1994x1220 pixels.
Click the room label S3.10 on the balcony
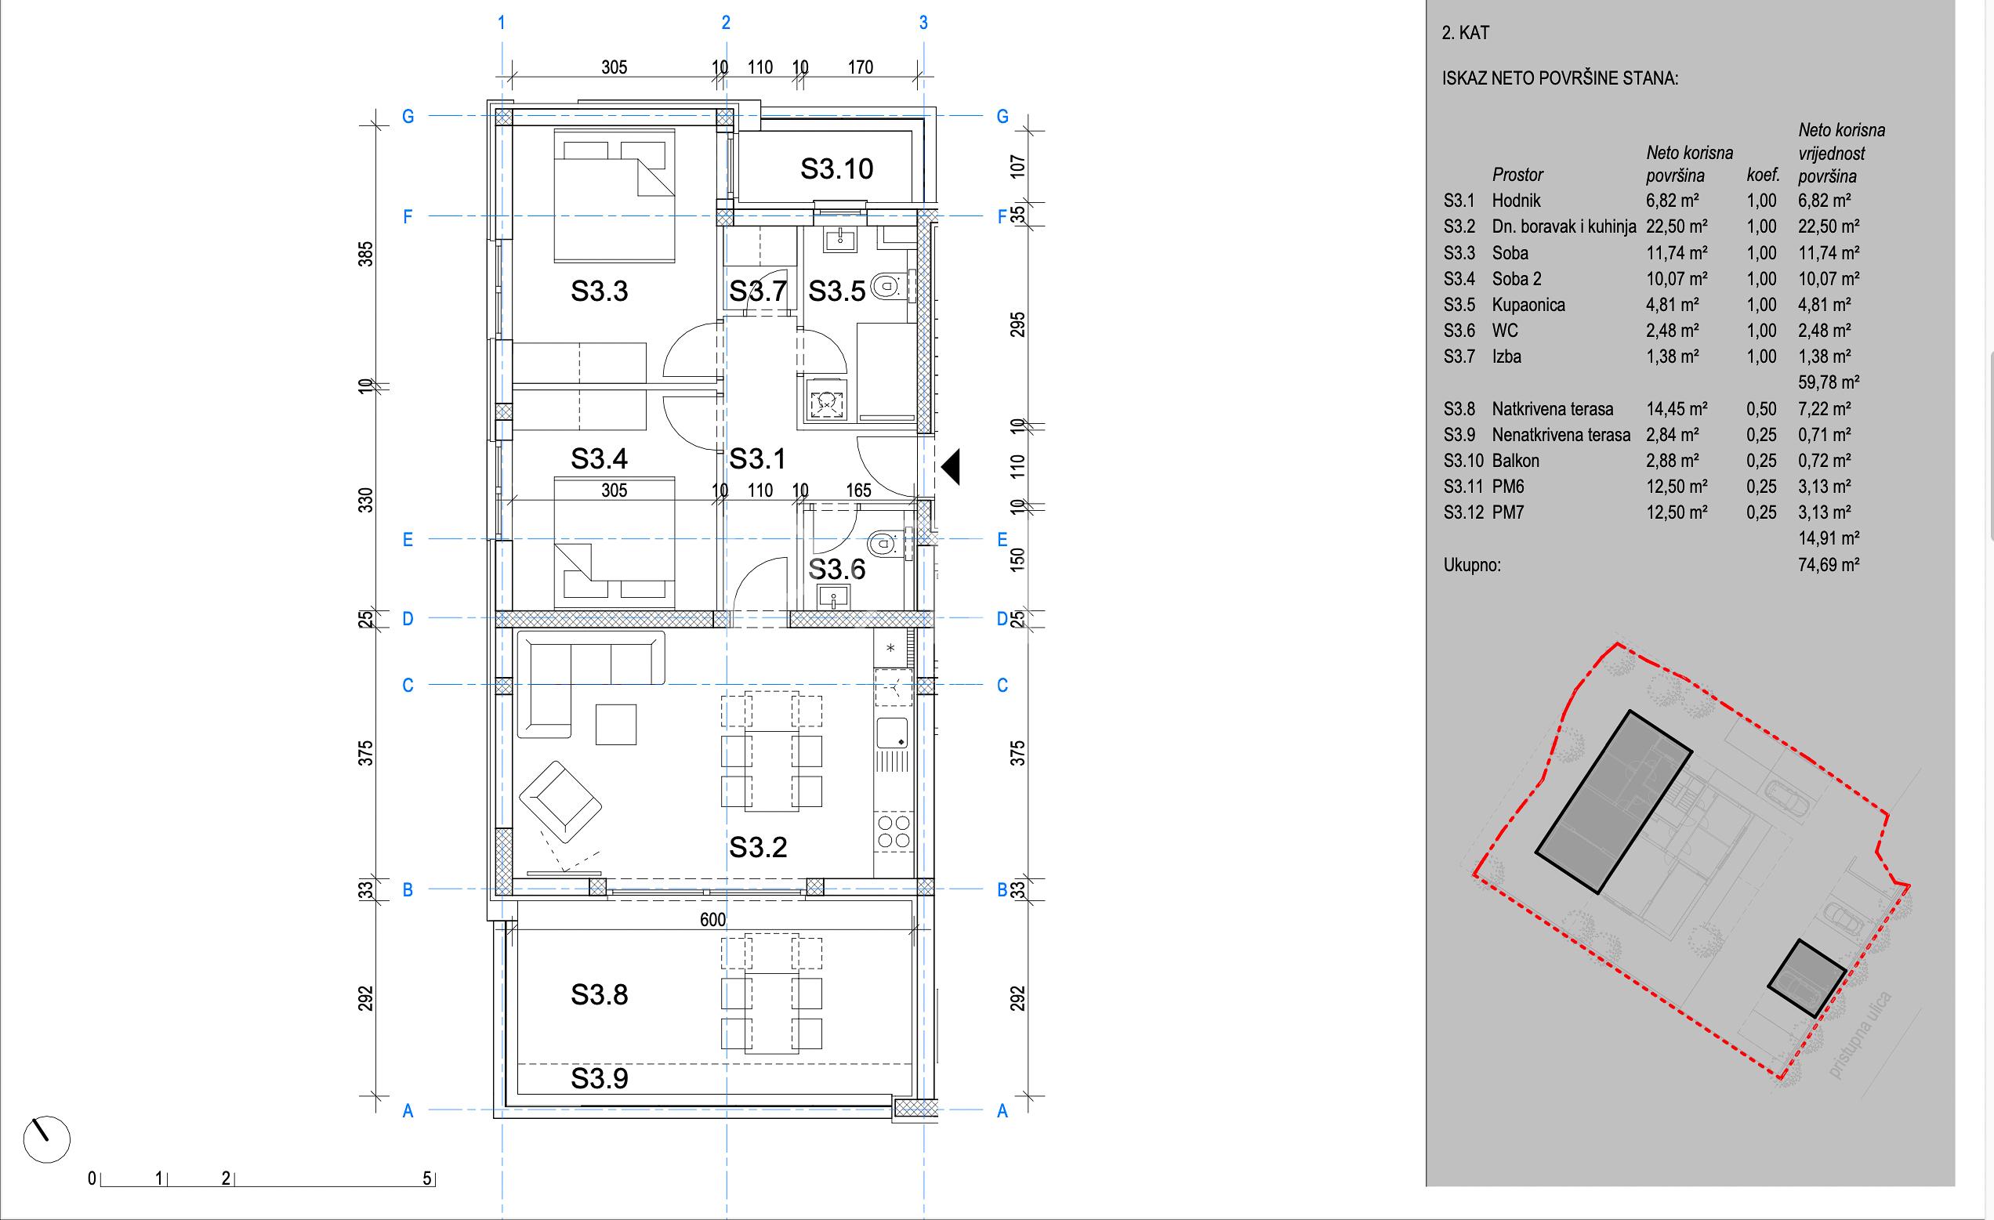pos(837,169)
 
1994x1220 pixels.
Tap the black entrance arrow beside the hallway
pos(951,467)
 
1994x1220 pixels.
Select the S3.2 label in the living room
pos(757,848)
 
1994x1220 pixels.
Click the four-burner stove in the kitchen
pos(893,831)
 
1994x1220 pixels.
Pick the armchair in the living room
pos(560,801)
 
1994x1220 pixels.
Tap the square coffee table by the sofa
pos(616,724)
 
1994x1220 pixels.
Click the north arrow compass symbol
pos(47,1139)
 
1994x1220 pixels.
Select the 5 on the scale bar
pos(427,1178)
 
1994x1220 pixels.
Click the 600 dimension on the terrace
pos(713,920)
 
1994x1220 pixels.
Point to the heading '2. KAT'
pos(1466,33)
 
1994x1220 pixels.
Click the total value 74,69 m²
pos(1828,565)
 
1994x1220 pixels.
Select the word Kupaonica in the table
pos(1528,305)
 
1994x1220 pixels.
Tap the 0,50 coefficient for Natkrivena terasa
pos(1761,408)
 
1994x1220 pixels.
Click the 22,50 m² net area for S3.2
pos(1677,226)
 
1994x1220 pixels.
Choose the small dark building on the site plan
pos(1806,978)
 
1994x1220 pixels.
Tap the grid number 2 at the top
pos(726,23)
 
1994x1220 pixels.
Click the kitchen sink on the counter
pos(892,733)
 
